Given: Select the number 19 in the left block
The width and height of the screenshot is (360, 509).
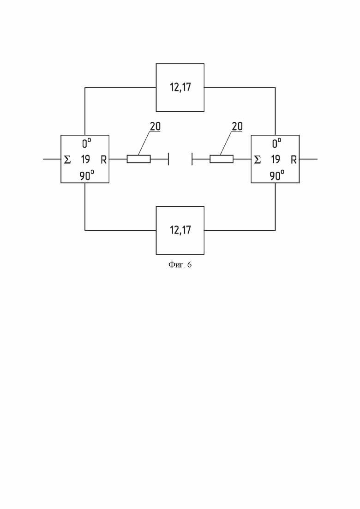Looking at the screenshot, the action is (85, 159).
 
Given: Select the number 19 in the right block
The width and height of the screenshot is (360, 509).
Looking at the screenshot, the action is (276, 159).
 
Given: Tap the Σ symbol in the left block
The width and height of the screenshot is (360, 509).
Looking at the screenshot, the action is (67, 160).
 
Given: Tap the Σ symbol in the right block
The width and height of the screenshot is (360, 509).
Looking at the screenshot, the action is (258, 160).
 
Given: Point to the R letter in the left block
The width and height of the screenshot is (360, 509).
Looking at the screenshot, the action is (103, 160).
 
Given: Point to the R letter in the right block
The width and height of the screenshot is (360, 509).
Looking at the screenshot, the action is (294, 160).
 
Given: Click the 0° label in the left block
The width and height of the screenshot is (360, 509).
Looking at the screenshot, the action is (86, 143).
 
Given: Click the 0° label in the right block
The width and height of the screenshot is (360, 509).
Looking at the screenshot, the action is (276, 143).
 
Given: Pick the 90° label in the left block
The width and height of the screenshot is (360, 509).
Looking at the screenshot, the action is (87, 176).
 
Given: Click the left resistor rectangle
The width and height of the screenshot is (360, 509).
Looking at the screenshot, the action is (138, 159).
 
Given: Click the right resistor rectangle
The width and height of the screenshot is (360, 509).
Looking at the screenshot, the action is (222, 159).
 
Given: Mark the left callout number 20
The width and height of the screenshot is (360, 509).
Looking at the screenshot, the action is (155, 126).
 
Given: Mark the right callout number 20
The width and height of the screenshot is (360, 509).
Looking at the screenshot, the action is (237, 126).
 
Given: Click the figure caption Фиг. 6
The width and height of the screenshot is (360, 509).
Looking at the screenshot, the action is (180, 265).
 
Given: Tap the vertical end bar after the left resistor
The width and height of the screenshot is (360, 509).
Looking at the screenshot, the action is (168, 159).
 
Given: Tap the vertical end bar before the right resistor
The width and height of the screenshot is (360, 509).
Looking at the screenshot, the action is (192, 159).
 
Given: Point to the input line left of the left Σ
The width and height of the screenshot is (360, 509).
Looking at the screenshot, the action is (52, 159).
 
